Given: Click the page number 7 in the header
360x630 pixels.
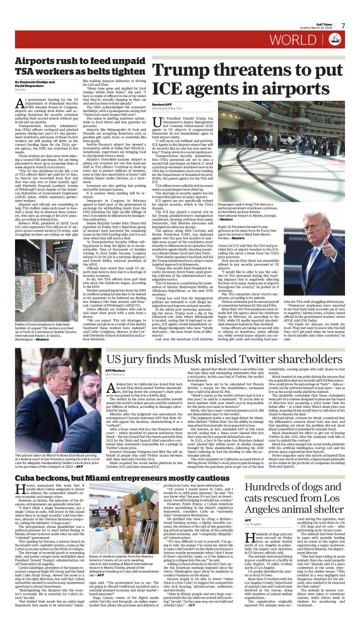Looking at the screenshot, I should [x=343, y=26].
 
